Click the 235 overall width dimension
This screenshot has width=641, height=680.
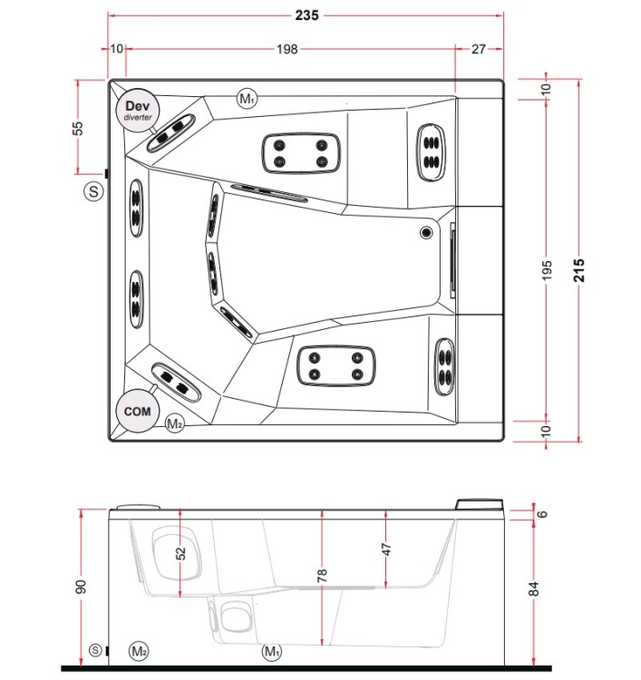pyautogui.click(x=307, y=15)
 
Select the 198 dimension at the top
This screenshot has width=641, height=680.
pyautogui.click(x=287, y=49)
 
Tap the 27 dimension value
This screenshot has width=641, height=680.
pyautogui.click(x=479, y=49)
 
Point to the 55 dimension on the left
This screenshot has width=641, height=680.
pyautogui.click(x=77, y=128)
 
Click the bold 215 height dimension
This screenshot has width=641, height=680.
pyautogui.click(x=579, y=270)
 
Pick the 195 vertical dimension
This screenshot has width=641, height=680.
pyautogui.click(x=548, y=270)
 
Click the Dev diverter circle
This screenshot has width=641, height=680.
pyautogui.click(x=138, y=110)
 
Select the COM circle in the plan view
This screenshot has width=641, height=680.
pyautogui.click(x=138, y=411)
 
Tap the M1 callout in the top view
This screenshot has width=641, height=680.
pyautogui.click(x=248, y=99)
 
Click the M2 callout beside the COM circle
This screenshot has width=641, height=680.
pyautogui.click(x=175, y=423)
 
